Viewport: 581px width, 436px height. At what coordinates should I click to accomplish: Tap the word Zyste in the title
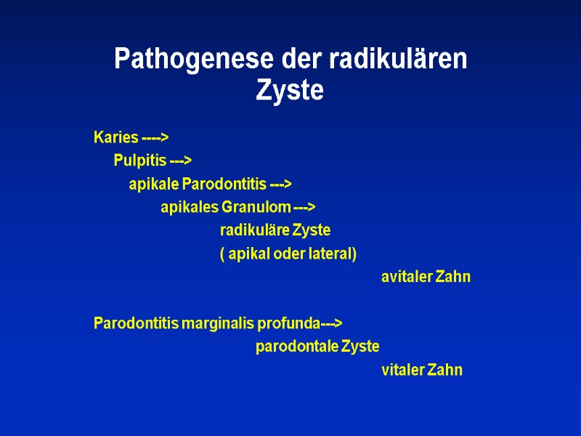coord(290,92)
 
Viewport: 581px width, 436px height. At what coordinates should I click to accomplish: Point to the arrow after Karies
coord(155,138)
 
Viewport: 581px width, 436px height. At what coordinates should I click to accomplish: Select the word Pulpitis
coord(139,161)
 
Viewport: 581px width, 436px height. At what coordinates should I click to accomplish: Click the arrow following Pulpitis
coord(180,161)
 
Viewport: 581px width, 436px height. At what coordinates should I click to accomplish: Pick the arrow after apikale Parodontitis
coord(280,185)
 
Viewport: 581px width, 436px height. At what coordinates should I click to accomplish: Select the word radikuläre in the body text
coord(254,231)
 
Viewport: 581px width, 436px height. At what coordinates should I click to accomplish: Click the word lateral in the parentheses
coord(333,254)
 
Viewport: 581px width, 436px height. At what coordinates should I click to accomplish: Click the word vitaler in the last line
coord(403,370)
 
